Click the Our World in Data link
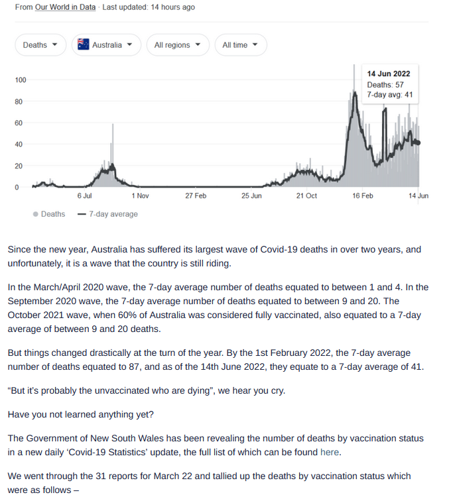(65, 7)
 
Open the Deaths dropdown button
(40, 45)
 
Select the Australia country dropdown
(106, 45)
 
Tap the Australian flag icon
(84, 44)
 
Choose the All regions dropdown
(178, 45)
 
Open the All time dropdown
(241, 45)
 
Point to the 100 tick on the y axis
(21, 80)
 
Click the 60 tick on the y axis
(19, 123)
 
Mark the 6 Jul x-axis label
(84, 196)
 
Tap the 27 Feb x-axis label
(196, 196)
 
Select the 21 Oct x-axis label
(306, 196)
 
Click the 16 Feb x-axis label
(363, 196)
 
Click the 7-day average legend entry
(108, 214)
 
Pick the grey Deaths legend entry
(49, 214)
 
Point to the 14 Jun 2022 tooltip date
(389, 74)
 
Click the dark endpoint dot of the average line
(418, 143)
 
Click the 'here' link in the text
(330, 453)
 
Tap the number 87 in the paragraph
(134, 366)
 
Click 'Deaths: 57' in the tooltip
(385, 85)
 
